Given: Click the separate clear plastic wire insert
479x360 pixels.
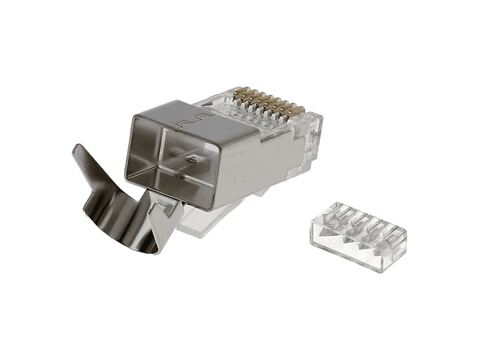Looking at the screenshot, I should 356,236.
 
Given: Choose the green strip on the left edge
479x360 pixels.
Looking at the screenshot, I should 29,180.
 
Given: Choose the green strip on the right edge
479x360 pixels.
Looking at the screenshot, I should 449,180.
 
